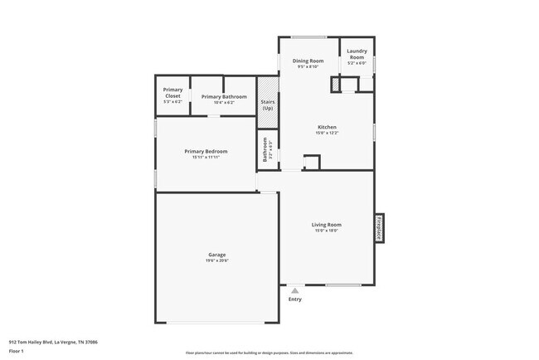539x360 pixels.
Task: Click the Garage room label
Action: coord(216,255)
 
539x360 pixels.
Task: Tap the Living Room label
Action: coord(326,225)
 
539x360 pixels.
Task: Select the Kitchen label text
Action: coord(326,127)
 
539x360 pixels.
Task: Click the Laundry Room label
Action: coord(357,54)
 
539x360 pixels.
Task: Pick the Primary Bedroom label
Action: coord(206,151)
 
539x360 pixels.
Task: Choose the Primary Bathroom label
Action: coord(224,96)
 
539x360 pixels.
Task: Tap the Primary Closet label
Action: coord(172,92)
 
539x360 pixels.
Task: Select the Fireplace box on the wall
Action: coord(379,228)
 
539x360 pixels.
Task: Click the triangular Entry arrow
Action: coord(293,290)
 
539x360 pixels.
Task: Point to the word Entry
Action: coord(294,299)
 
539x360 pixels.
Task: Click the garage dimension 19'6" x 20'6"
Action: coord(216,260)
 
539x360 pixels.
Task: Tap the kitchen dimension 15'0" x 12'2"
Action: coord(326,133)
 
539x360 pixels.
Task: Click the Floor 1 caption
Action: coord(17,350)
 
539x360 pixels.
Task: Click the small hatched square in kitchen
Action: coord(335,85)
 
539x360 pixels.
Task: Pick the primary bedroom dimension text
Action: coord(206,158)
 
